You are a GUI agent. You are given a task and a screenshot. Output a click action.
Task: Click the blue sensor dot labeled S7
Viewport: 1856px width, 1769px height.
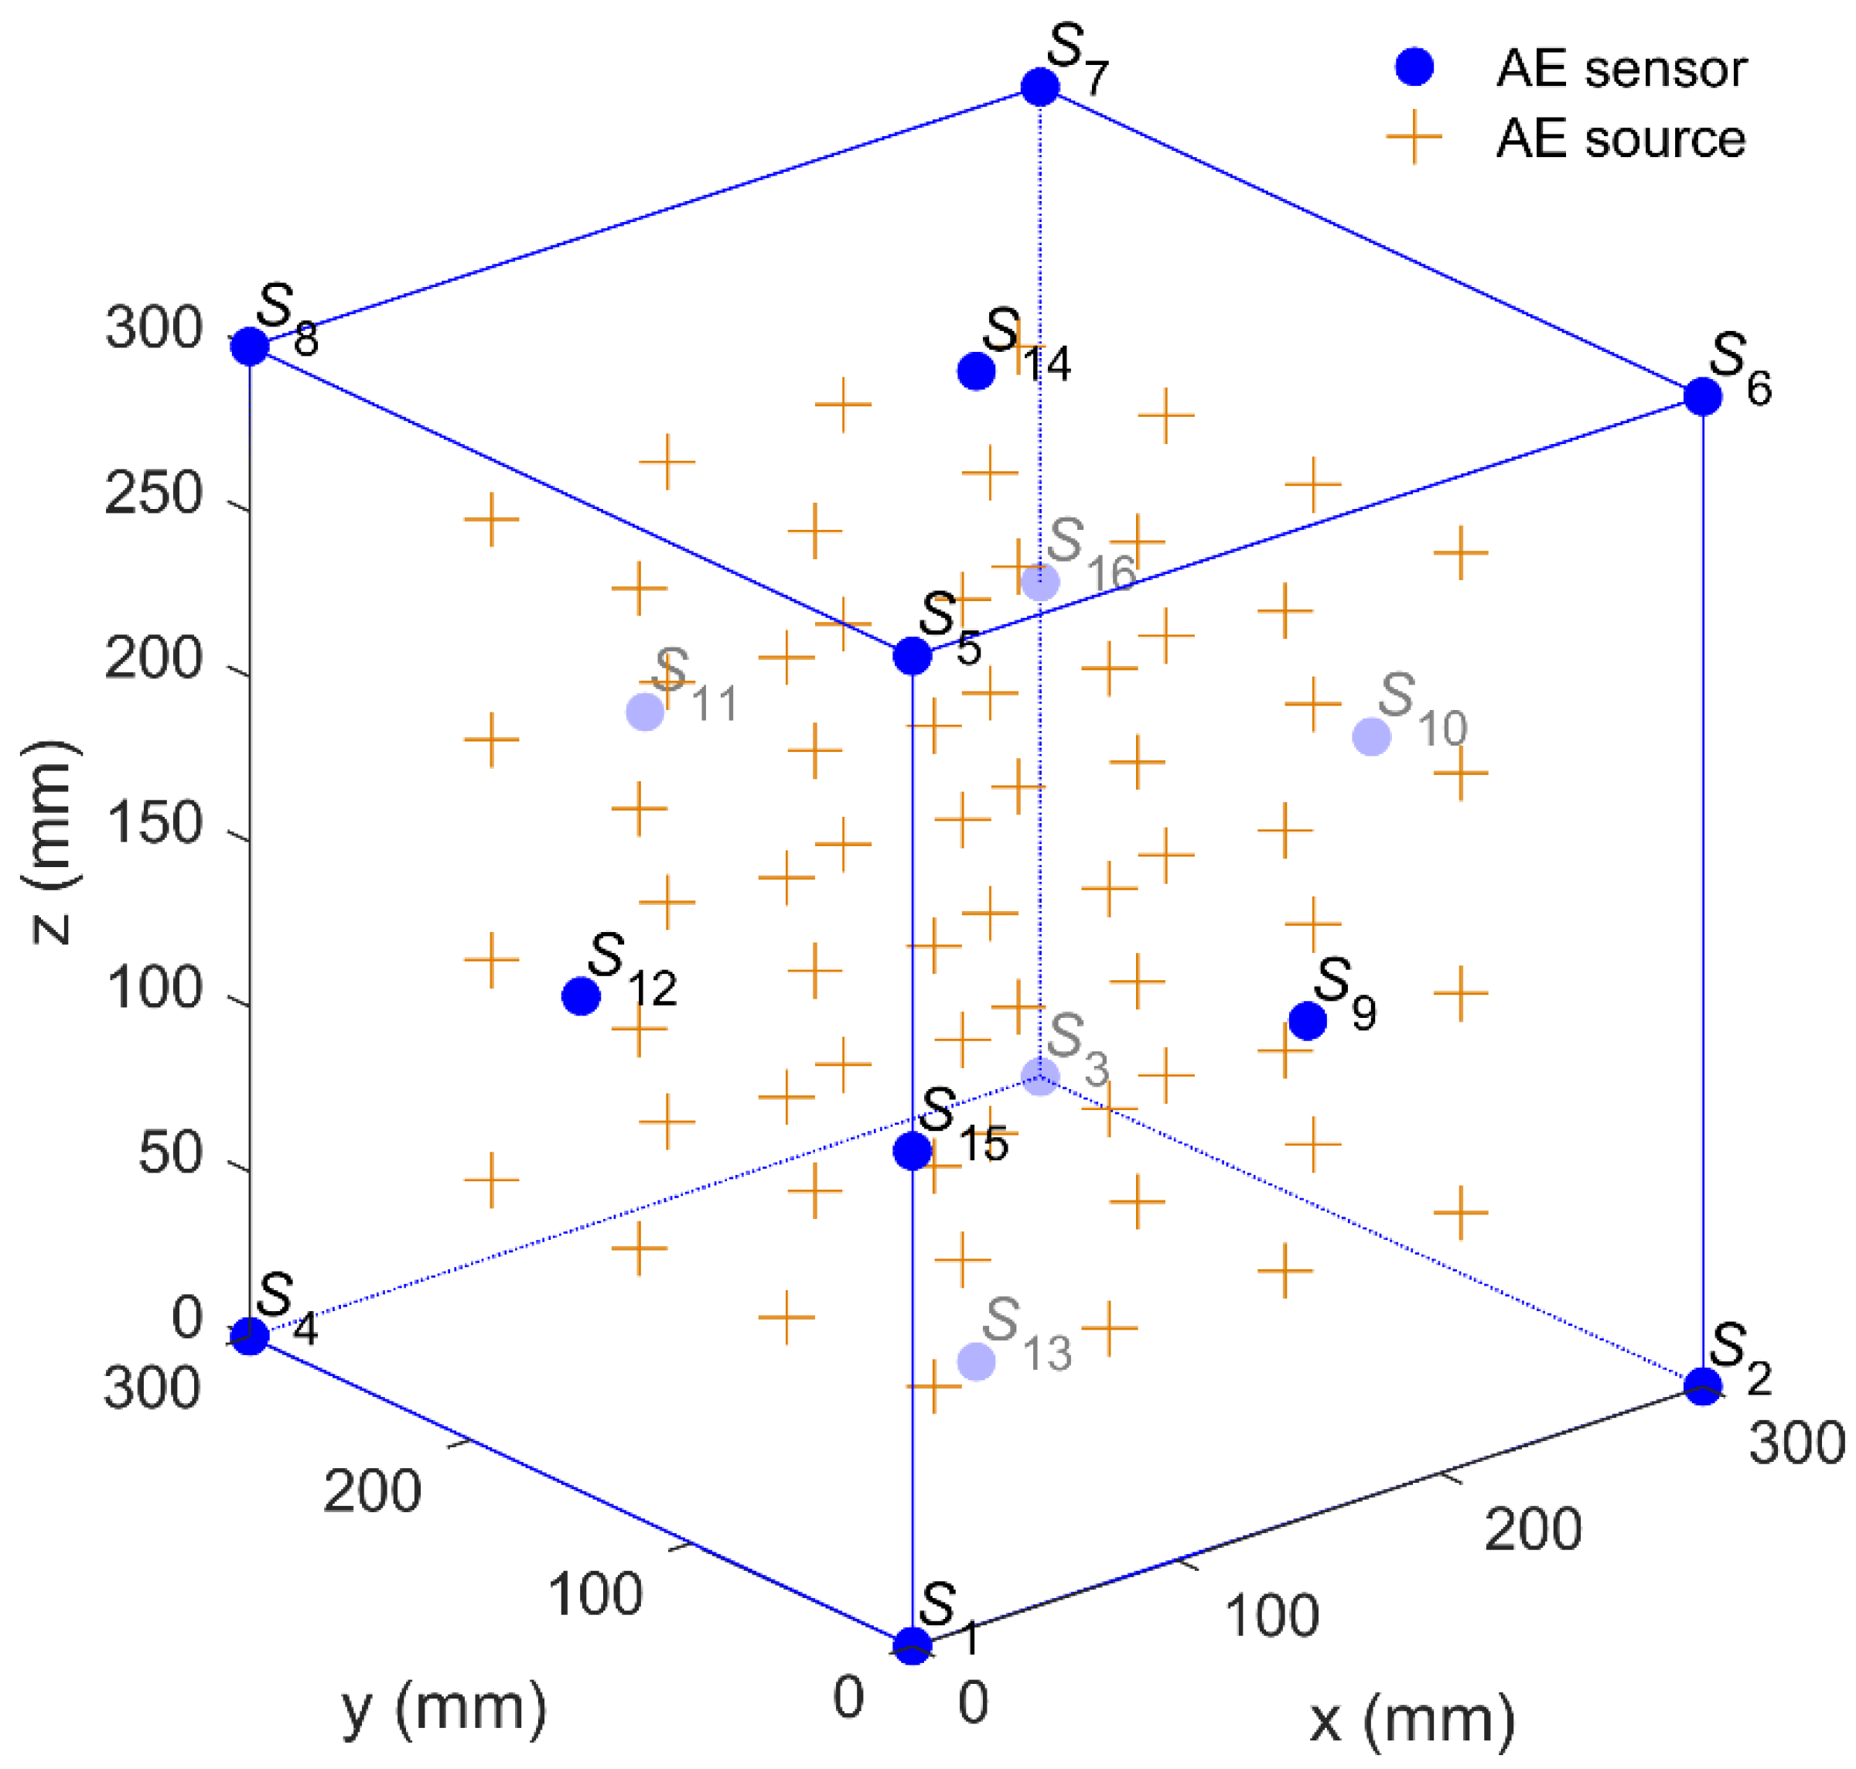click(x=1039, y=87)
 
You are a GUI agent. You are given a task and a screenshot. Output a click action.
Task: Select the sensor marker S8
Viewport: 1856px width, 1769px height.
click(x=250, y=346)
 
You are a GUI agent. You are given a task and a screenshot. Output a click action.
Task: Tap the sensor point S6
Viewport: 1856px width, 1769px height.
click(x=1702, y=396)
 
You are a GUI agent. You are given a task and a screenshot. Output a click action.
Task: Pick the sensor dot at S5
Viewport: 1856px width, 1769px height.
click(x=912, y=655)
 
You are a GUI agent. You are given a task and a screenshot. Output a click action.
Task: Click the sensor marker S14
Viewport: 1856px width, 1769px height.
click(x=976, y=371)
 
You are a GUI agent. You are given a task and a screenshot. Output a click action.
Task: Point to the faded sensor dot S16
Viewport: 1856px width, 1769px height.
click(x=1039, y=582)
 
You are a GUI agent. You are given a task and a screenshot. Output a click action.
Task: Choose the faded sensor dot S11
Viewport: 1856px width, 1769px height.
click(x=645, y=712)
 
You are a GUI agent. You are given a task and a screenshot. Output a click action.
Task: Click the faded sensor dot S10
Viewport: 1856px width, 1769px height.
click(x=1370, y=736)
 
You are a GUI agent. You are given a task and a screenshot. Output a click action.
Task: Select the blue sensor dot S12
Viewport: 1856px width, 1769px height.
click(x=581, y=995)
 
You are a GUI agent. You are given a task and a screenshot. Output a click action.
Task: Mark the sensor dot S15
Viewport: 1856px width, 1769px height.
click(x=912, y=1150)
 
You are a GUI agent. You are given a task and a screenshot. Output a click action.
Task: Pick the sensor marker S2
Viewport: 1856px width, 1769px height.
click(x=1702, y=1385)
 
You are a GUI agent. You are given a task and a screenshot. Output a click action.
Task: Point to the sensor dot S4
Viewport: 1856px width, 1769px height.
click(x=250, y=1335)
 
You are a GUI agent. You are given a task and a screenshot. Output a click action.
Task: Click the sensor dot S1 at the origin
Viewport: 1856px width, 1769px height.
click(x=912, y=1645)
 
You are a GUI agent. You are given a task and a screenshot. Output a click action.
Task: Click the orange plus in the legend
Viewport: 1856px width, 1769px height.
click(x=1414, y=138)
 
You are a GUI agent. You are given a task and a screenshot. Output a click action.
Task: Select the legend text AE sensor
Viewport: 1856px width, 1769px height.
click(x=1621, y=69)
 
